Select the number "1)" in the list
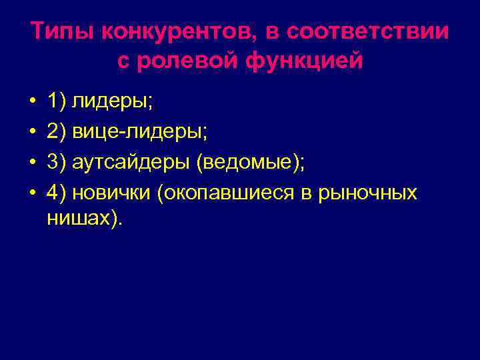(56, 101)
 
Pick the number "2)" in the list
(56, 132)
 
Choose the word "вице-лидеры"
(139, 132)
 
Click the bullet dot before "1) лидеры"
(32, 102)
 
